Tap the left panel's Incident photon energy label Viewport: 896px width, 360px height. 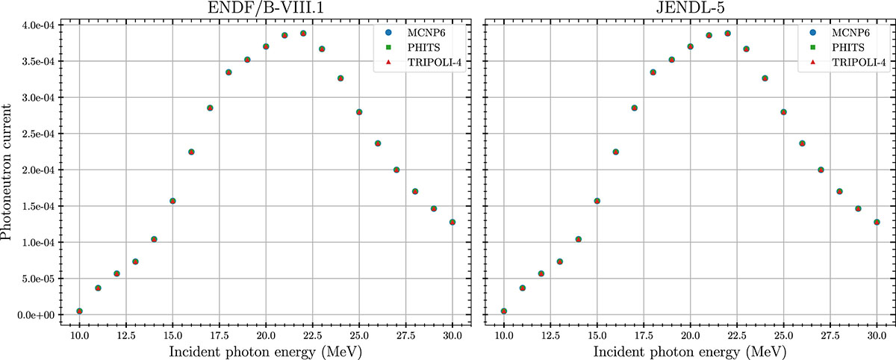pyautogui.click(x=266, y=350)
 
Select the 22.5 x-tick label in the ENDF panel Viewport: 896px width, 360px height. pyautogui.click(x=312, y=333)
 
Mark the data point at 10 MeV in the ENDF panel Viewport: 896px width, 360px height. pyautogui.click(x=79, y=311)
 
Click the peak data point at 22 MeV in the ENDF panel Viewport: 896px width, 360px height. pyautogui.click(x=303, y=34)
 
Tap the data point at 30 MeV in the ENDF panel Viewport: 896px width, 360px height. pyautogui.click(x=452, y=223)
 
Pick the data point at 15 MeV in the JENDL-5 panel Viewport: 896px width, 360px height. pyautogui.click(x=597, y=201)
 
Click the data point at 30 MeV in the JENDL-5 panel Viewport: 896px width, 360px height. pyautogui.click(x=877, y=223)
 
